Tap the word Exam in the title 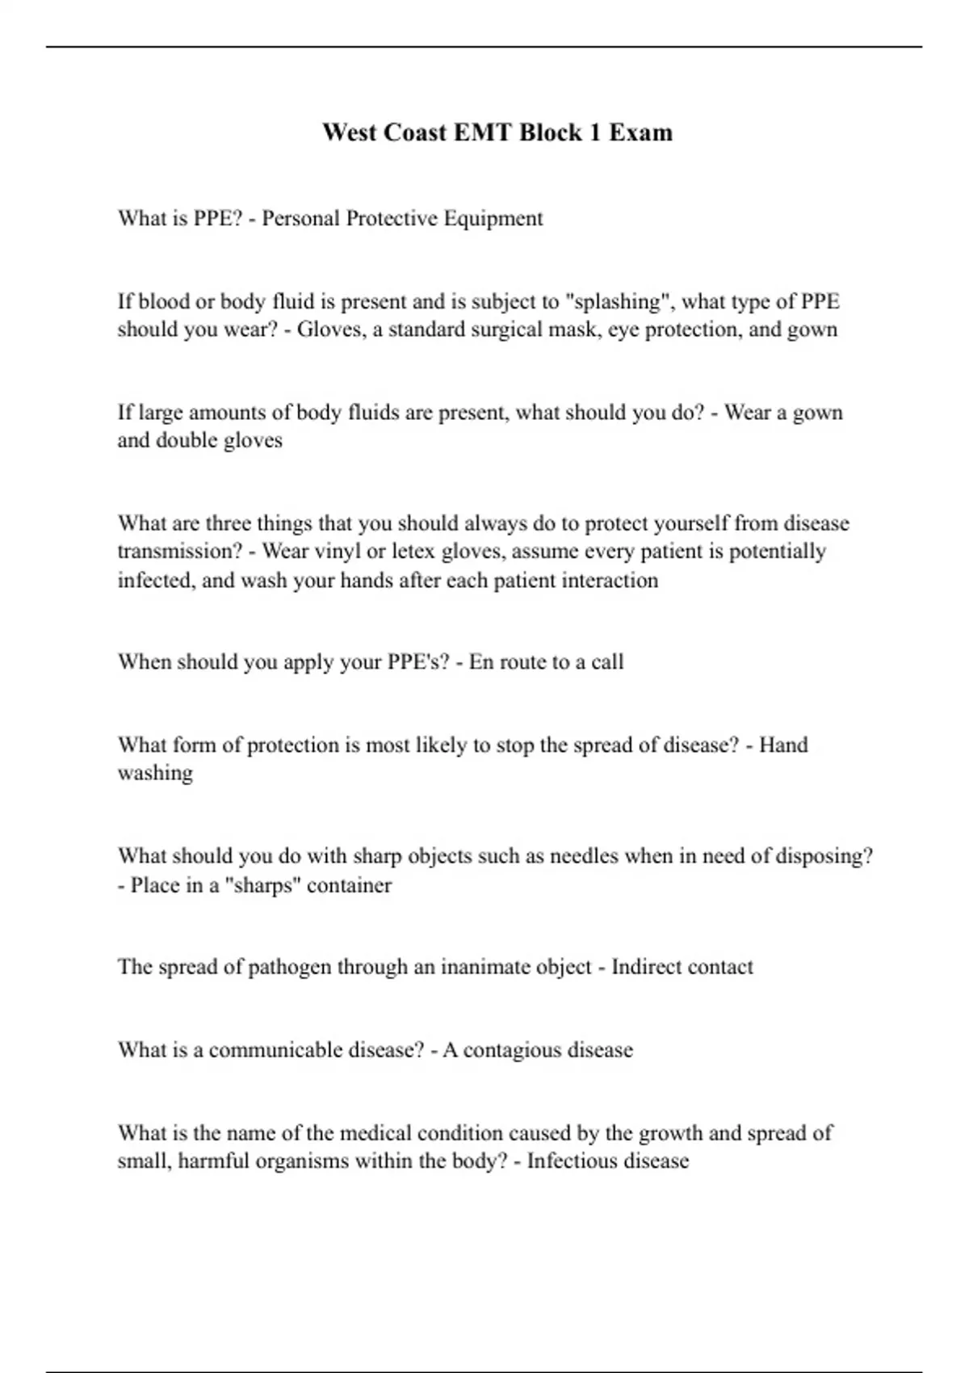pyautogui.click(x=640, y=132)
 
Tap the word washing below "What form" pyautogui.click(x=155, y=773)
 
